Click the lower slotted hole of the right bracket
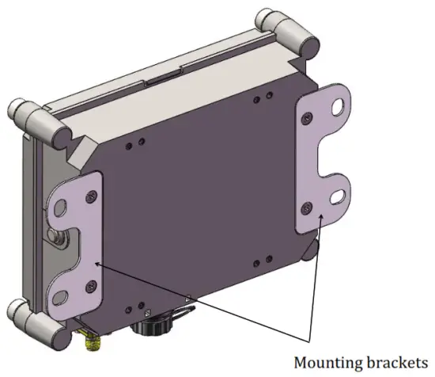tap(338, 193)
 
